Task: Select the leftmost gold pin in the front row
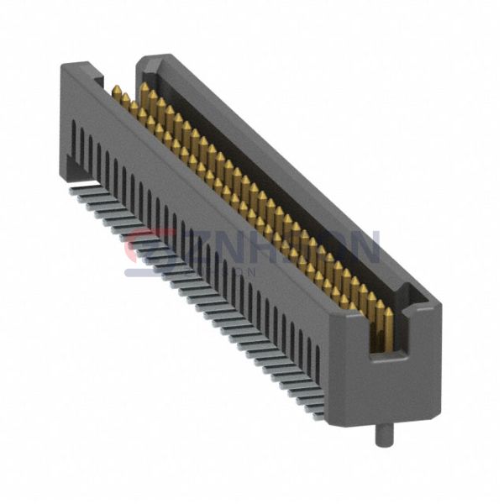(x=116, y=90)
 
